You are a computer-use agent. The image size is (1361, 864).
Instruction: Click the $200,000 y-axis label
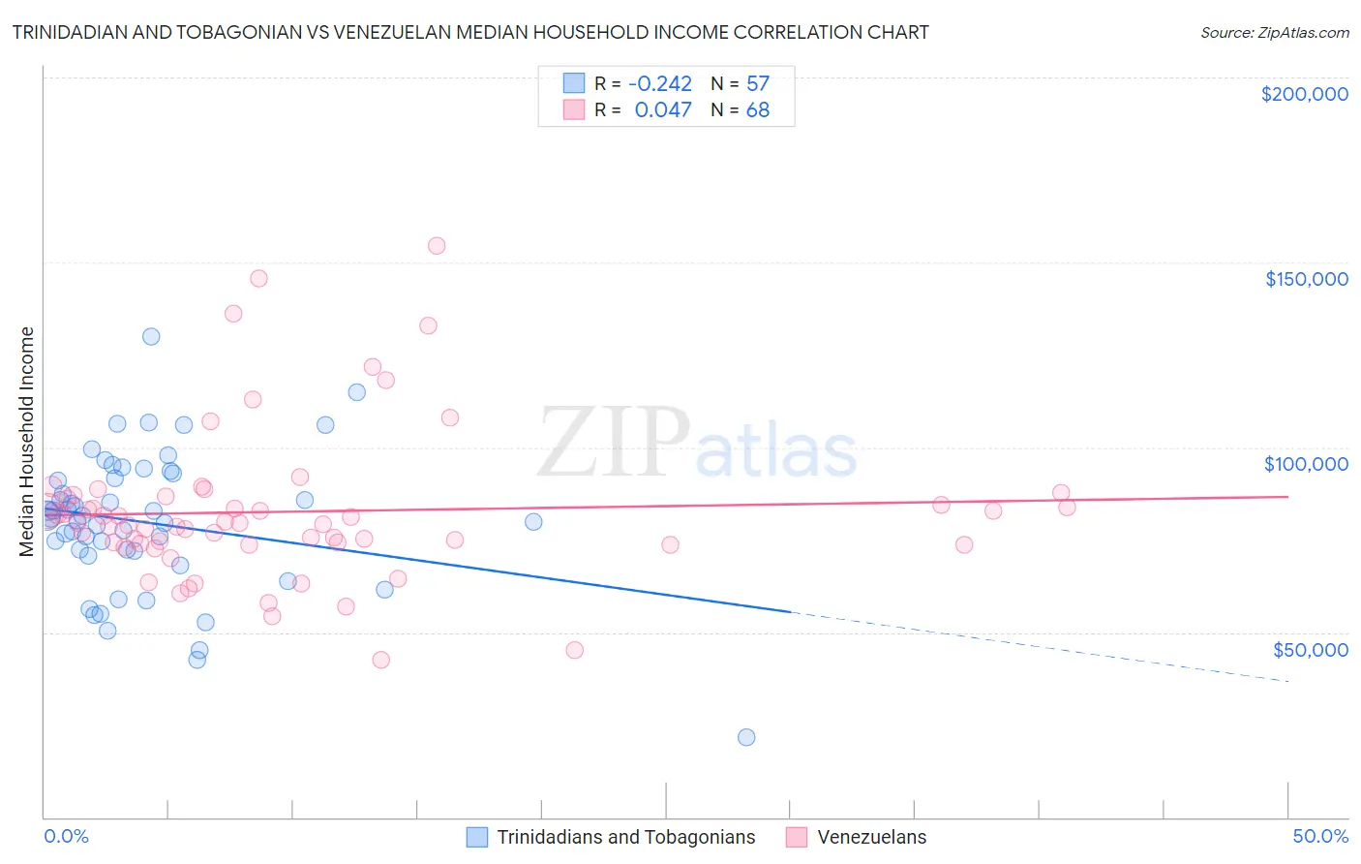click(x=1304, y=94)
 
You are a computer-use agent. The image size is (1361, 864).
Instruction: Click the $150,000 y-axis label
click(x=1306, y=279)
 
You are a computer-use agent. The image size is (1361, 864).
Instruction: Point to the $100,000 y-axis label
click(x=1306, y=464)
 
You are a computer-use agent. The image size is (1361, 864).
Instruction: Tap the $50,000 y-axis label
click(x=1310, y=649)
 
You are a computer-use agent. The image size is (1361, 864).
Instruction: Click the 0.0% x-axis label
click(x=66, y=836)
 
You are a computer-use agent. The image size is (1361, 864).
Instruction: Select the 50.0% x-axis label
click(x=1319, y=836)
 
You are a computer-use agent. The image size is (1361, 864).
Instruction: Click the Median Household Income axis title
click(x=26, y=442)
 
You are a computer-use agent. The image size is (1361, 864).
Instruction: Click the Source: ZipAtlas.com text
click(x=1274, y=32)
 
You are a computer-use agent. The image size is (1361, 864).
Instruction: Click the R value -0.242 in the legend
click(x=660, y=83)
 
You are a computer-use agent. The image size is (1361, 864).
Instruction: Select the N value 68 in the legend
click(x=757, y=110)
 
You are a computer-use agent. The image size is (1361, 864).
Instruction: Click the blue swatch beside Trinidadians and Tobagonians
click(x=477, y=837)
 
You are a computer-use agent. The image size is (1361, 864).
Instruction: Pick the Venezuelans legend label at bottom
click(x=871, y=837)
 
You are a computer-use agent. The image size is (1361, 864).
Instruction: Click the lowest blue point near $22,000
click(x=746, y=737)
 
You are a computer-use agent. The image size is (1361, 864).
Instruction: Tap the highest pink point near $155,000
click(x=437, y=246)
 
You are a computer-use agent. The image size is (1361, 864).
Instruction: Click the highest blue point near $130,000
click(x=151, y=337)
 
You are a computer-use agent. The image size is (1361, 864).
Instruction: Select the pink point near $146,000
click(x=258, y=278)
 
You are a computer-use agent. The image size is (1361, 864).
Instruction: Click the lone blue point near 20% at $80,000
click(x=533, y=522)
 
